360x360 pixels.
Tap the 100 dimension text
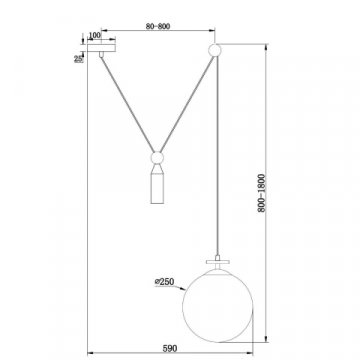96,37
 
